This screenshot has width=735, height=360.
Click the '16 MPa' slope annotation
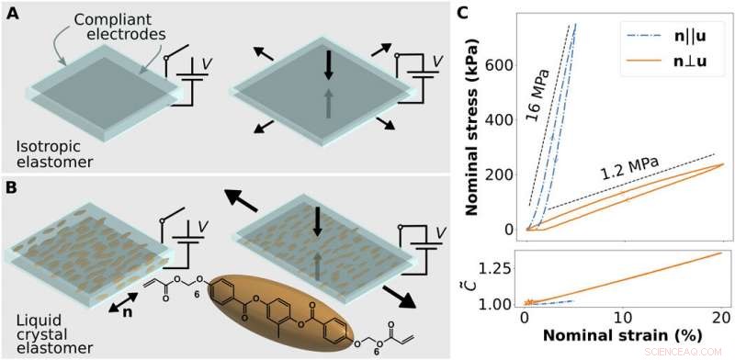point(541,94)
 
